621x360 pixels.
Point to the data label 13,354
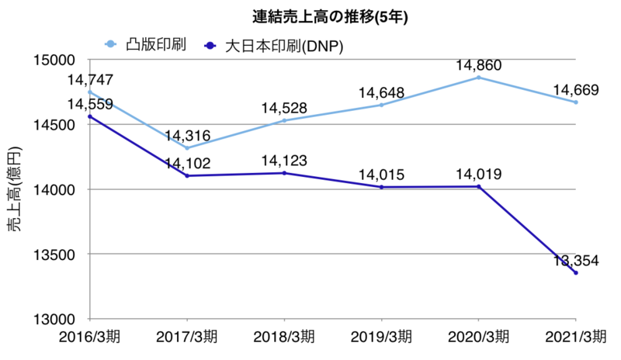point(575,260)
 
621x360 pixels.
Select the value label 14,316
point(188,135)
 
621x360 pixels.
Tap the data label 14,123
point(284,161)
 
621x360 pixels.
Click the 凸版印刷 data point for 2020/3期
point(479,78)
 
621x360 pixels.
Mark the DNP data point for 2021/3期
point(576,273)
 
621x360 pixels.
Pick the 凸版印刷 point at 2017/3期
point(187,148)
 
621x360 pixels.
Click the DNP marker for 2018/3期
point(284,173)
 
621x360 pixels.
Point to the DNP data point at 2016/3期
point(90,117)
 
